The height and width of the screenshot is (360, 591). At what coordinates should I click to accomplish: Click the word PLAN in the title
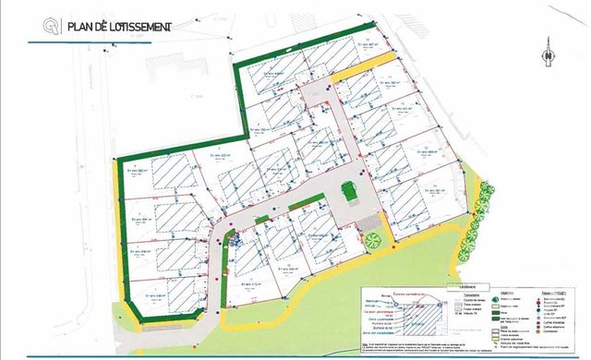pyautogui.click(x=72, y=28)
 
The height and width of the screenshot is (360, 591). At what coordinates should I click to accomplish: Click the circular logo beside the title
pyautogui.click(x=40, y=28)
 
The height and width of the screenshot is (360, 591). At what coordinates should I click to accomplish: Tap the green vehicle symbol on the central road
pyautogui.click(x=348, y=191)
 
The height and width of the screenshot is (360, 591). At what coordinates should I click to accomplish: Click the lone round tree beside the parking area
pyautogui.click(x=373, y=240)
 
